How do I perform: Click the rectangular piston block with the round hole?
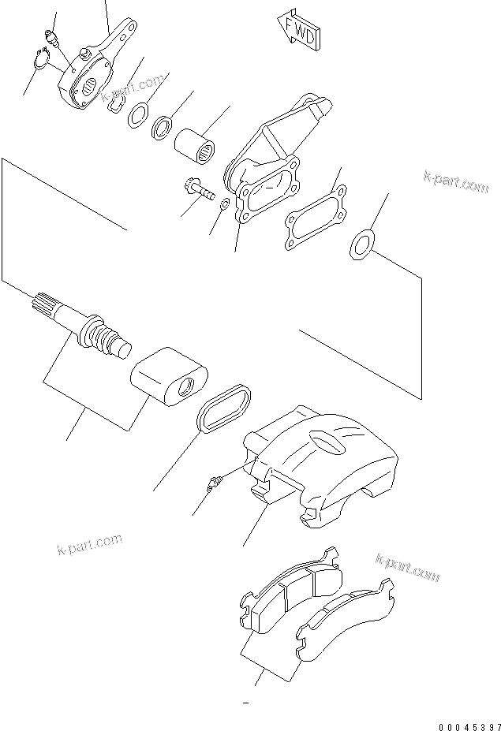tap(168, 377)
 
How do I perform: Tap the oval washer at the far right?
tap(360, 244)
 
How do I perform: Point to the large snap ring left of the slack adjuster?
tap(46, 62)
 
